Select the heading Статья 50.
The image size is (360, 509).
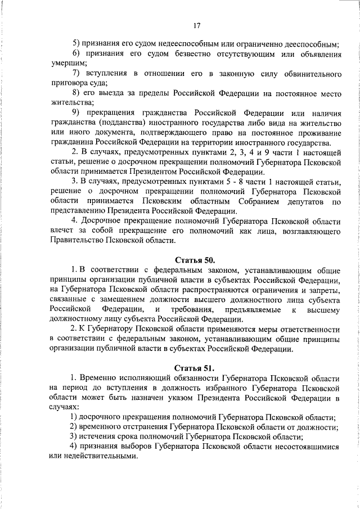195,260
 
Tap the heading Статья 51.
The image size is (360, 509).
195,368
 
